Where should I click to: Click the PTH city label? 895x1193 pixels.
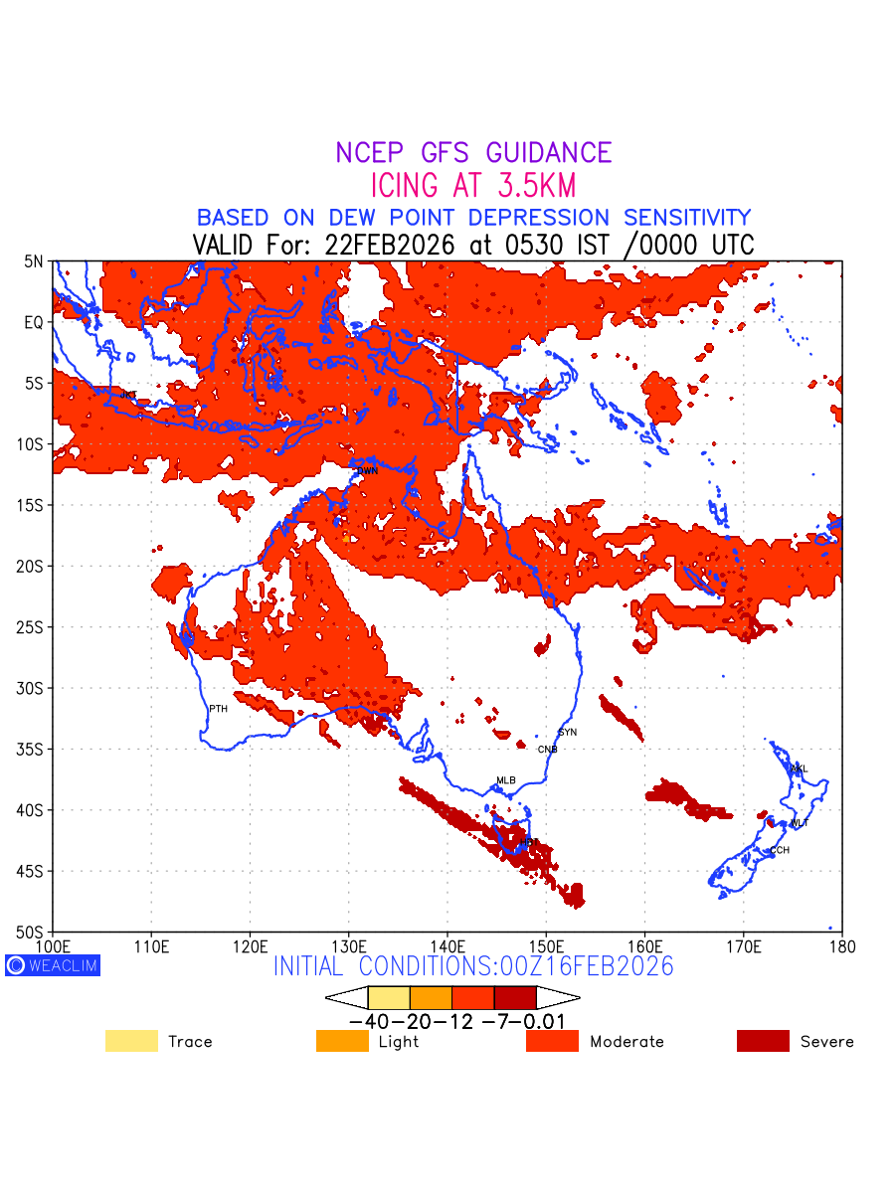(x=218, y=708)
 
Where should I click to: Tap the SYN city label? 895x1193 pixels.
(x=568, y=733)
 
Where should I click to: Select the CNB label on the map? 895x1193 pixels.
(x=547, y=749)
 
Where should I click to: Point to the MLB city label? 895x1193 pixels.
(x=506, y=780)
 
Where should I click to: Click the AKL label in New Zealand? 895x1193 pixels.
(x=799, y=769)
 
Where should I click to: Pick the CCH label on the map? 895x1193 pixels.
(x=780, y=850)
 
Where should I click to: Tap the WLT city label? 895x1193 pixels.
(x=800, y=823)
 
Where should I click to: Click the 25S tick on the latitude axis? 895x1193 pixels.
(x=34, y=627)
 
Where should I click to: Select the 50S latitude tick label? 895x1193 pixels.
(x=34, y=932)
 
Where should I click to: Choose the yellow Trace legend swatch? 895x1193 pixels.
(x=131, y=1041)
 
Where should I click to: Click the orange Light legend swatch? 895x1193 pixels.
(x=342, y=1041)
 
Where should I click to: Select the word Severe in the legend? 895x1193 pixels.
(x=826, y=1042)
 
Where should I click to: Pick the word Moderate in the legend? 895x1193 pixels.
(x=626, y=1042)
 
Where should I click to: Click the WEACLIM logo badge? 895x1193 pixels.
(x=53, y=965)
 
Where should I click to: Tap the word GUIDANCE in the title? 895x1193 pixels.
(x=549, y=153)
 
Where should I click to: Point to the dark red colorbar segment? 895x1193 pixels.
(x=515, y=997)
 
